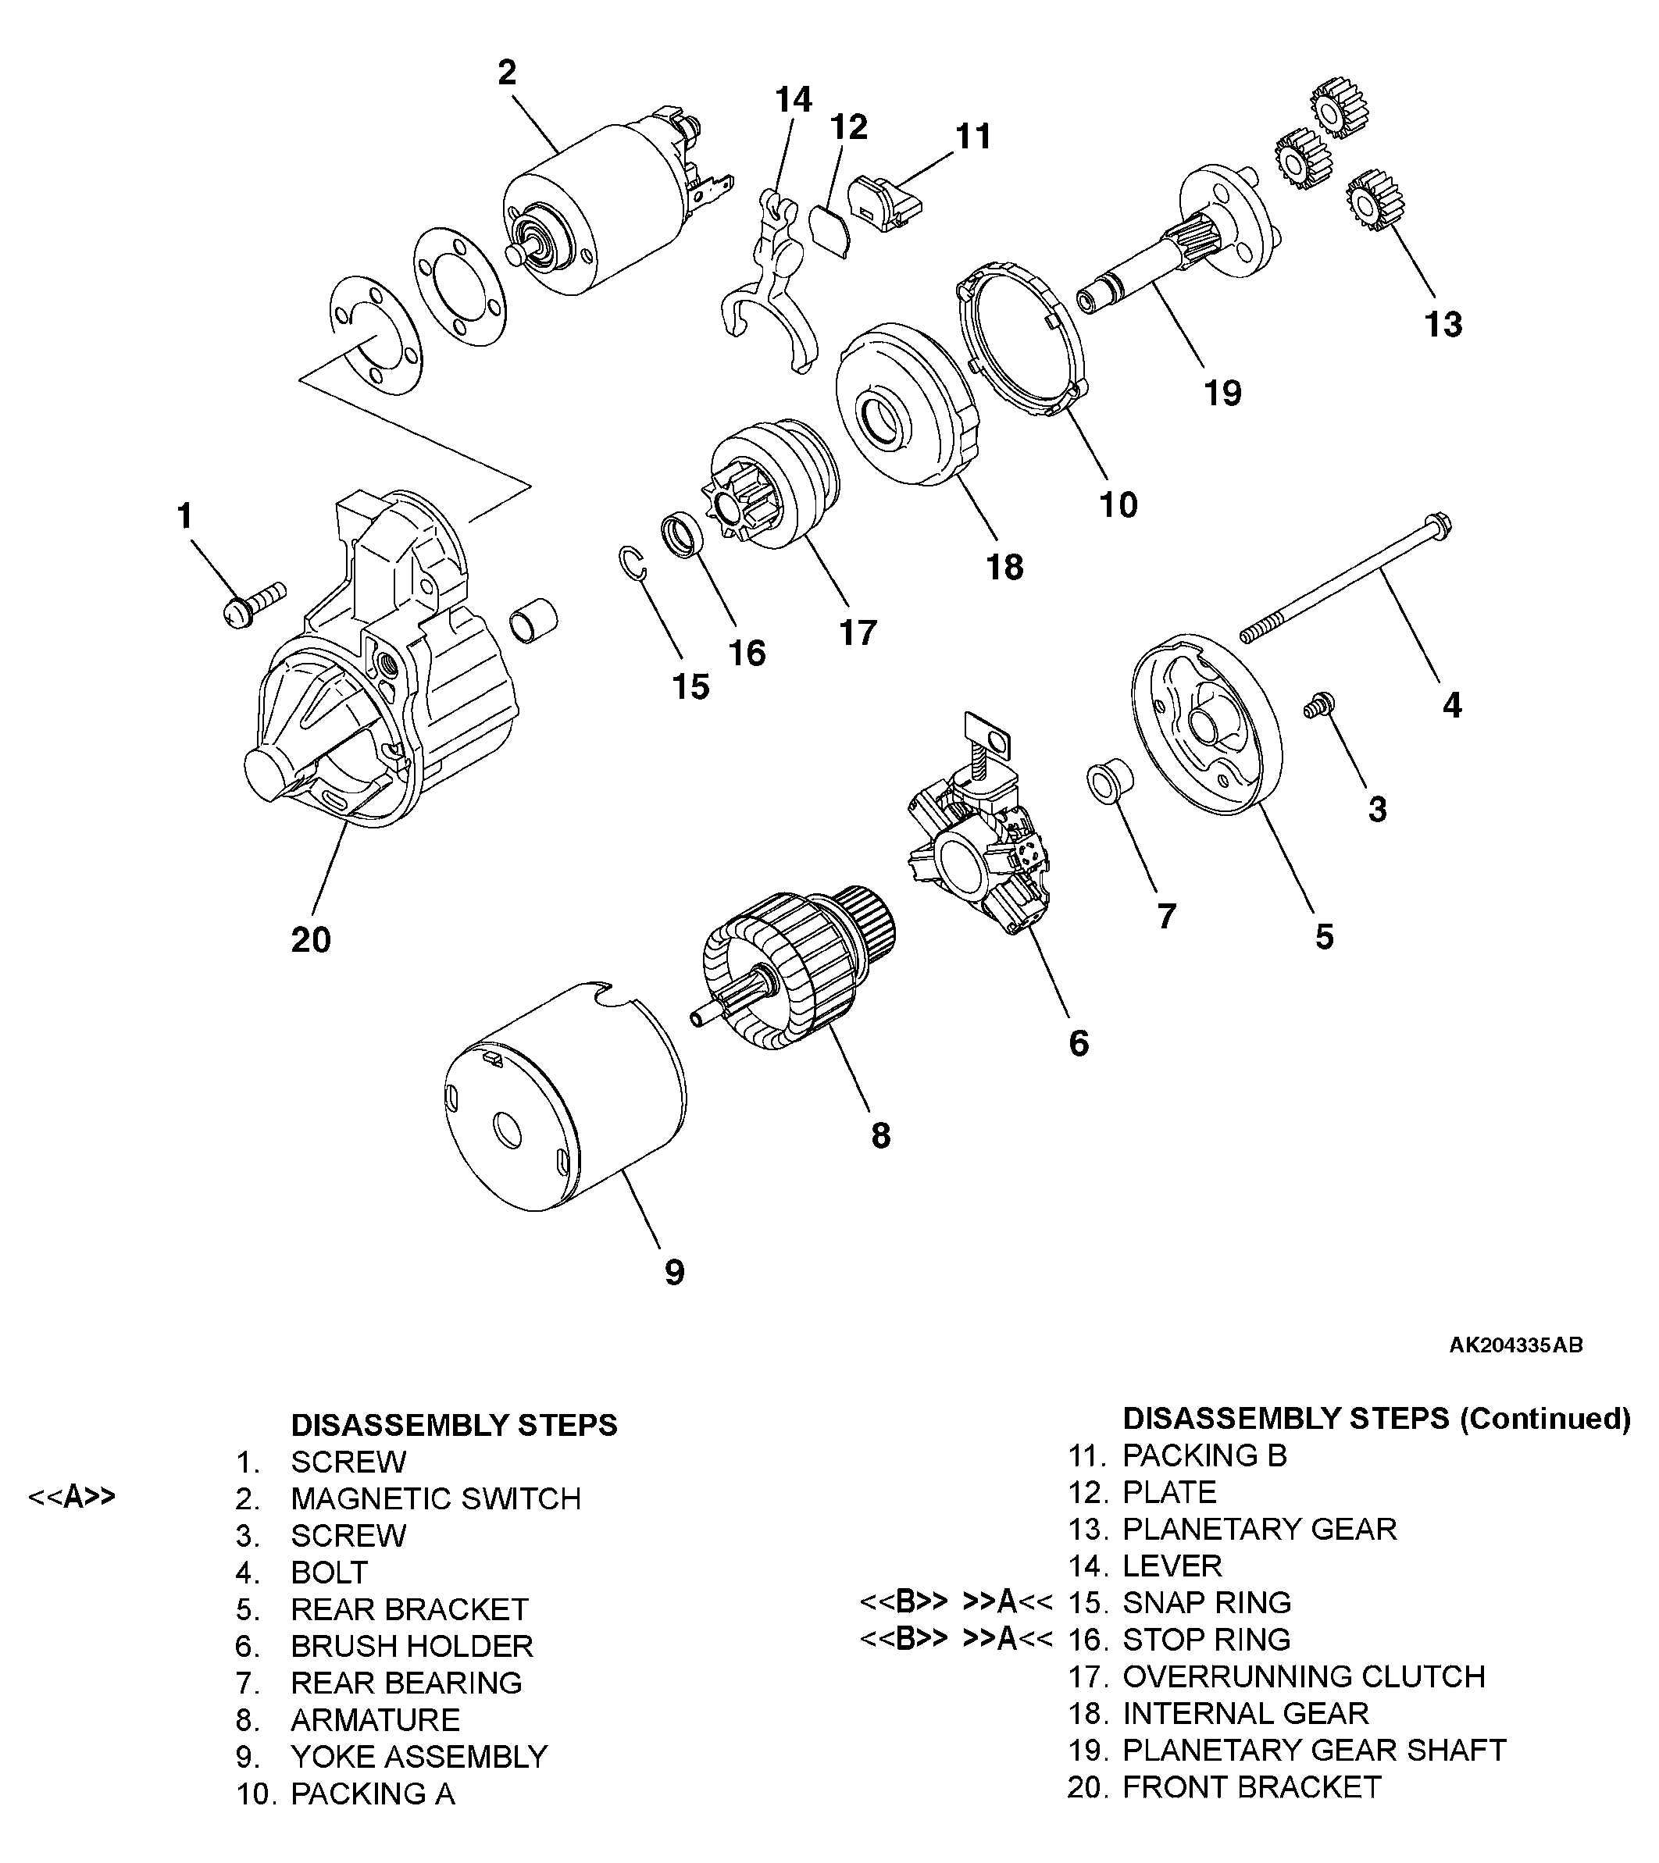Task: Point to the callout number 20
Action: (311, 939)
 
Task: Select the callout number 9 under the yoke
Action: (675, 1271)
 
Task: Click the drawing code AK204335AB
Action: (1516, 1345)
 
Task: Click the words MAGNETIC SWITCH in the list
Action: (436, 1498)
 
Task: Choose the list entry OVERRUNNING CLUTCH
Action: (1304, 1676)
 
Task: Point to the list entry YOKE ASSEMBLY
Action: (419, 1756)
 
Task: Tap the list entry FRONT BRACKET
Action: (1251, 1787)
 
